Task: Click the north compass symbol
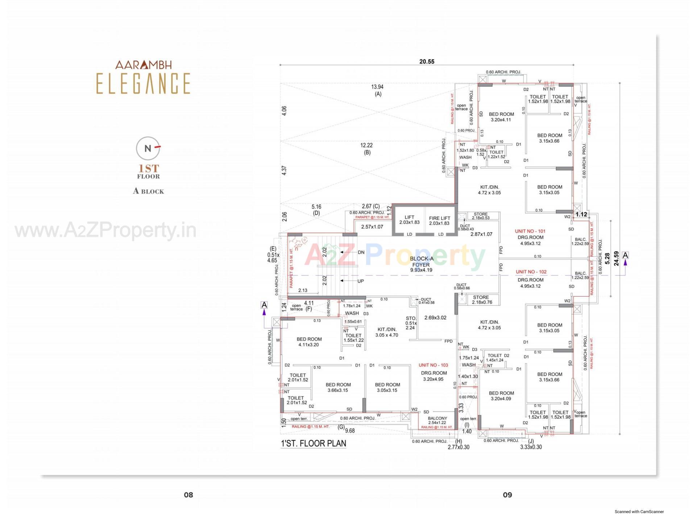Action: click(148, 148)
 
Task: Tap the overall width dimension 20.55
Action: click(427, 62)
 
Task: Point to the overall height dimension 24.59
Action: click(616, 259)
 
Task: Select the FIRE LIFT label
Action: click(439, 221)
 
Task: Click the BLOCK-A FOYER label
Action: click(421, 264)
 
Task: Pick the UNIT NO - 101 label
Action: click(530, 231)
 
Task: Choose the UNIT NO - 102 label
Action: click(531, 272)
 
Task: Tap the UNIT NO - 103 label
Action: click(433, 365)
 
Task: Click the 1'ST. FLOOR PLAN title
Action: click(314, 443)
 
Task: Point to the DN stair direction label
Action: click(361, 252)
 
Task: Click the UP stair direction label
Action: click(360, 281)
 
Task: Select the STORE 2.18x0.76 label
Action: click(482, 300)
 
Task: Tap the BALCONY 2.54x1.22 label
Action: click(437, 420)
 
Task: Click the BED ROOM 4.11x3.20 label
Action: click(309, 342)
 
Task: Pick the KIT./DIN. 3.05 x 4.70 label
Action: click(386, 332)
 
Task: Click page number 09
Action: click(507, 495)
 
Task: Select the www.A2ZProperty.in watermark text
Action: click(105, 231)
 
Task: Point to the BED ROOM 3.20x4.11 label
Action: click(501, 117)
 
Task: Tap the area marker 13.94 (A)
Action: click(377, 90)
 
